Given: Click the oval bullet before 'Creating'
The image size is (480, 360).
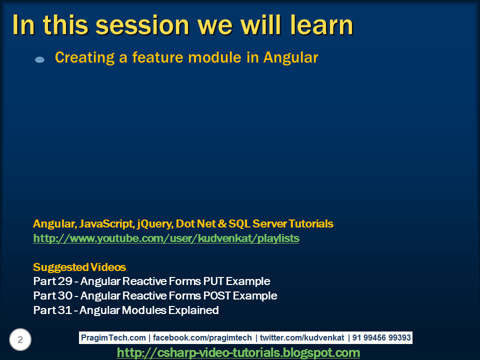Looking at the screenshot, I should pyautogui.click(x=40, y=59).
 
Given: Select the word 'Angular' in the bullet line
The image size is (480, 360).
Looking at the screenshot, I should pyautogui.click(x=290, y=57).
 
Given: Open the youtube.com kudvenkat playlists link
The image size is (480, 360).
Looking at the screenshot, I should pyautogui.click(x=166, y=238).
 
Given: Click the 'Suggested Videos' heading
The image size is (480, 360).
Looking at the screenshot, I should pyautogui.click(x=79, y=267).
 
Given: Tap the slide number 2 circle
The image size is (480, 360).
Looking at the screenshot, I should pyautogui.click(x=20, y=340).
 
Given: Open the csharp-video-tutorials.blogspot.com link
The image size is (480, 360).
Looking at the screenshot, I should pyautogui.click(x=238, y=353).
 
